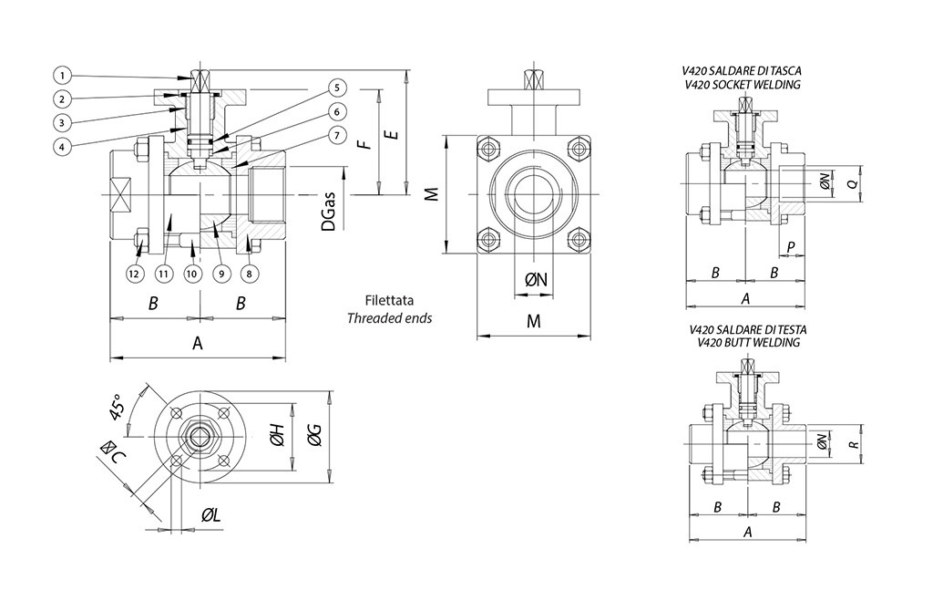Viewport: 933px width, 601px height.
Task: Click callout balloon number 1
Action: [62, 74]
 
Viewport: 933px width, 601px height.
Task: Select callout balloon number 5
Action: [336, 88]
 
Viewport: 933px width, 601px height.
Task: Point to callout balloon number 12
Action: [135, 273]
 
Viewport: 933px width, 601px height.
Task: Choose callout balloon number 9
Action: [220, 273]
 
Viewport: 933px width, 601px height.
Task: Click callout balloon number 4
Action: [62, 146]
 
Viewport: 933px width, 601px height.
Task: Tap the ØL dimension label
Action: [211, 516]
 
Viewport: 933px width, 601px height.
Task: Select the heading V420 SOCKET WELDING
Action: [742, 85]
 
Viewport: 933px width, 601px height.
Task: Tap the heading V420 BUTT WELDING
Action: [742, 343]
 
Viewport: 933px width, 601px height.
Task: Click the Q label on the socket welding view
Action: [852, 183]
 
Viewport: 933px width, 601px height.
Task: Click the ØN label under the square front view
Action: [537, 279]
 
